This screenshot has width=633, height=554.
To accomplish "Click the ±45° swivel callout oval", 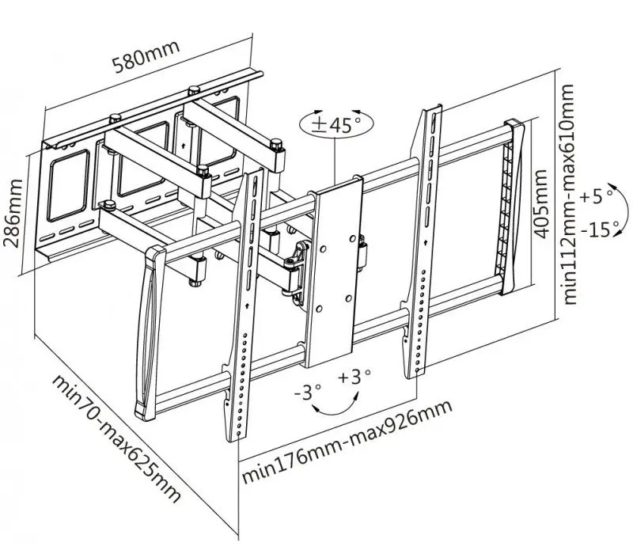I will [x=335, y=125].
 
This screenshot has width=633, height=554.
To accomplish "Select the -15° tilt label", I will [x=598, y=230].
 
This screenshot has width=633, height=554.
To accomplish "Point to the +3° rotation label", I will [x=354, y=378].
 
